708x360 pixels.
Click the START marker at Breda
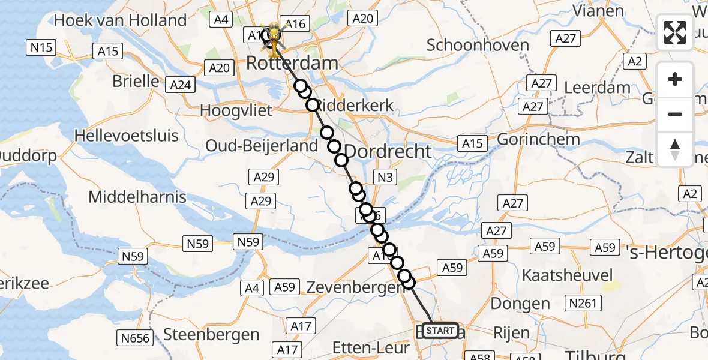(440, 331)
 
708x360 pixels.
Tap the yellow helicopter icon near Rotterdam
(274, 38)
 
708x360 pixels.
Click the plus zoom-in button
(675, 79)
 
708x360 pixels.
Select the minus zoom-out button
(675, 114)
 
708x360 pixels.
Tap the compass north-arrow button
(675, 149)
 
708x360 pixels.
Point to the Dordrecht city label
(389, 151)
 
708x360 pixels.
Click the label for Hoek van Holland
(120, 20)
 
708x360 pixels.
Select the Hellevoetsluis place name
(127, 135)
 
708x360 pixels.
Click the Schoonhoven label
(478, 45)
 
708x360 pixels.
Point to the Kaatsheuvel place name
(568, 275)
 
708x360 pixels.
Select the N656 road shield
(136, 338)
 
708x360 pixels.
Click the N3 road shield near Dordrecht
(384, 177)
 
